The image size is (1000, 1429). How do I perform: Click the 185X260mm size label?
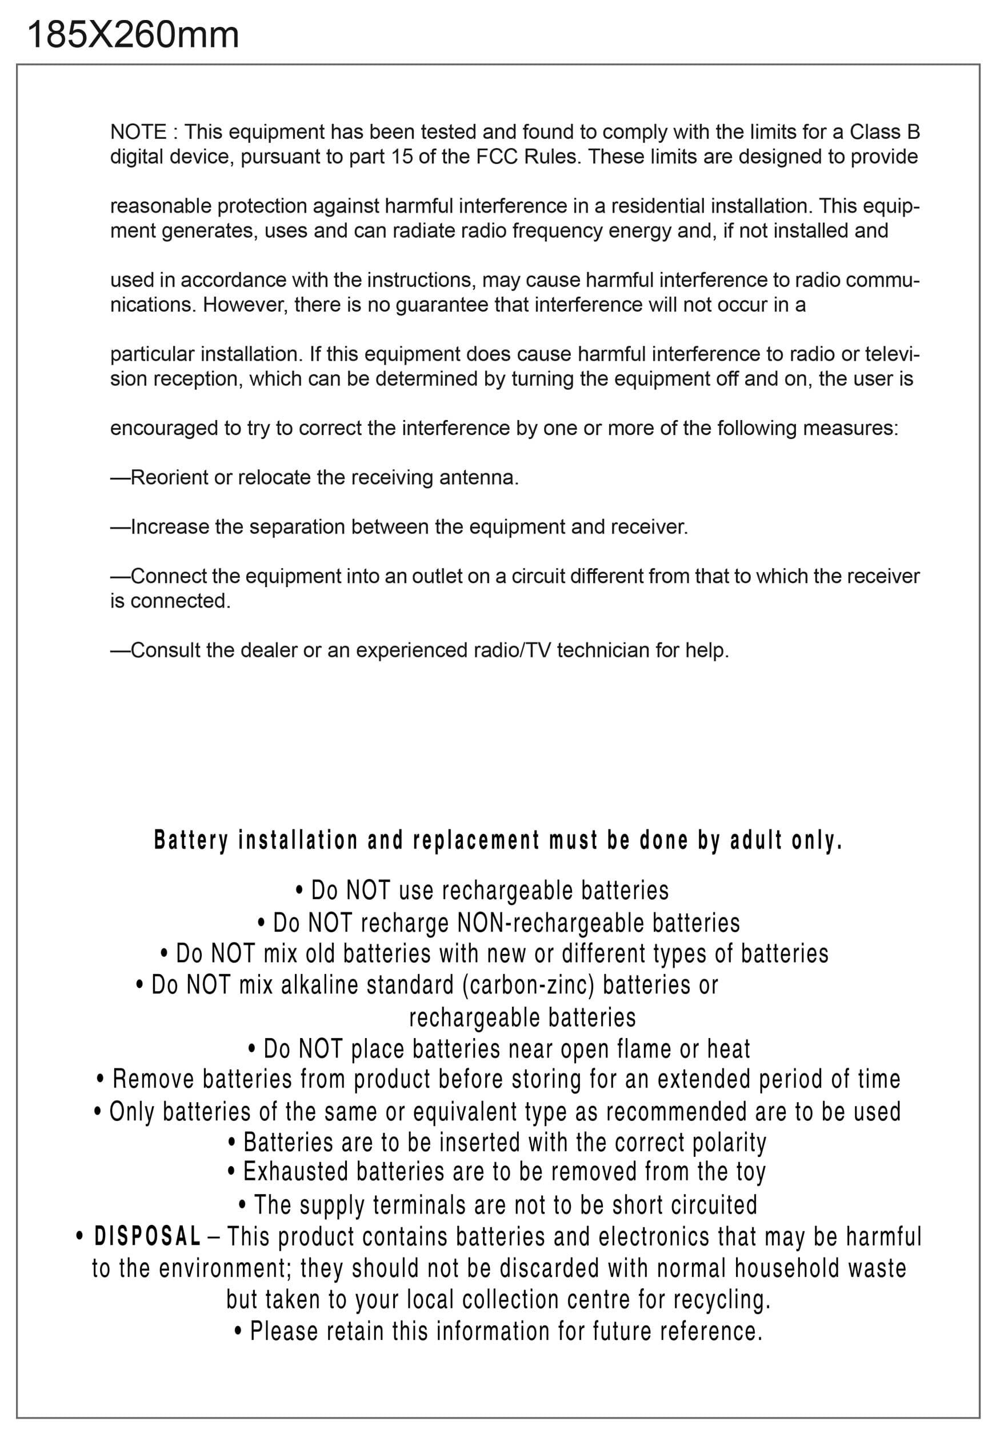[x=133, y=35]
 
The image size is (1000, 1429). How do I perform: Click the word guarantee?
[x=442, y=305]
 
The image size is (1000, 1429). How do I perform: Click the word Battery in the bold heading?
[x=191, y=841]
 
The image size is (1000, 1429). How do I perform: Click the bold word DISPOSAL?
[x=147, y=1237]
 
